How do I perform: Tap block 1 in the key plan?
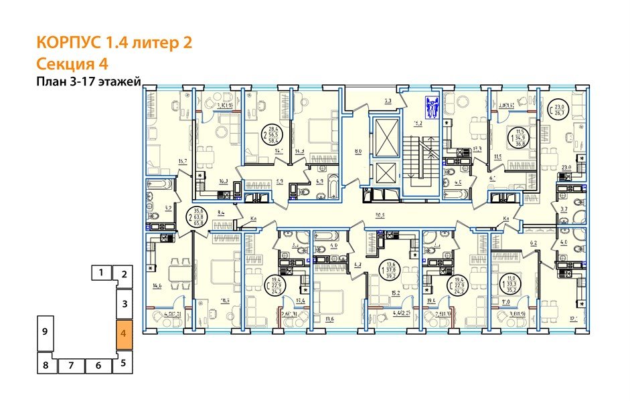coord(100,272)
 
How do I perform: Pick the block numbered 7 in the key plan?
coord(70,366)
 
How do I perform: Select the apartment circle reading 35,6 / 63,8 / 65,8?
coord(198,214)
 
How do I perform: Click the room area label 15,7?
coord(182,161)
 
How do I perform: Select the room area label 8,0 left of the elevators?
coord(358,152)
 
